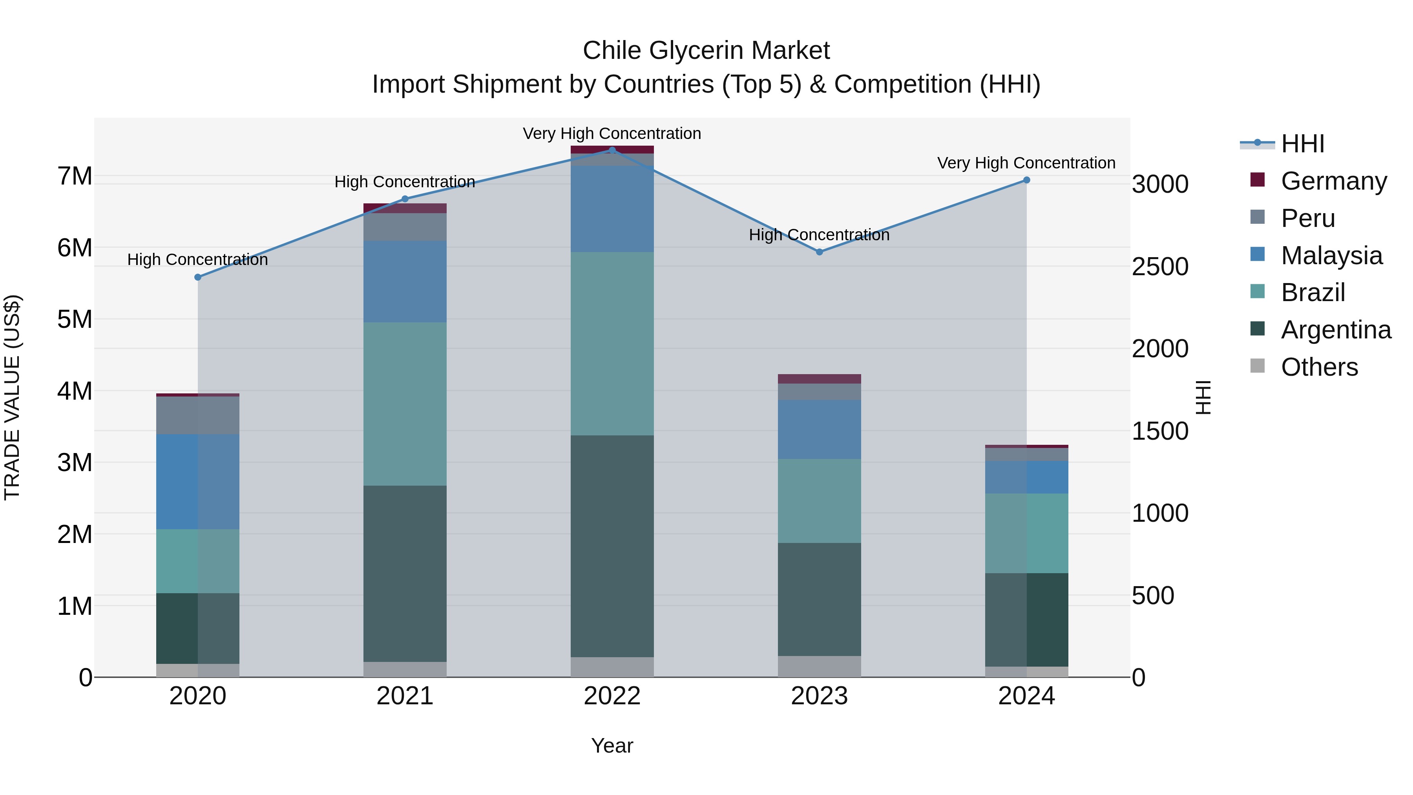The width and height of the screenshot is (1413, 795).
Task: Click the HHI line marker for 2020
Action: click(x=198, y=277)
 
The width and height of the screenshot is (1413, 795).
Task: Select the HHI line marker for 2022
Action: click(x=612, y=150)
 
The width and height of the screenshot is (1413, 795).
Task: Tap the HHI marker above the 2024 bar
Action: click(x=1027, y=180)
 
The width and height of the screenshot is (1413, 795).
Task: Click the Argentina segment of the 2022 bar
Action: click(x=612, y=546)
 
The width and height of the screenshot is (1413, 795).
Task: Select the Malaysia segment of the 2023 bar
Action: click(x=820, y=429)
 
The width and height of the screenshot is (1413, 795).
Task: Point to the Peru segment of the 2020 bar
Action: click(x=198, y=415)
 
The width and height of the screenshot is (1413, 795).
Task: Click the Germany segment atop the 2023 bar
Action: click(x=820, y=378)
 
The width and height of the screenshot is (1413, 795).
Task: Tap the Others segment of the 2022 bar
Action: click(x=612, y=667)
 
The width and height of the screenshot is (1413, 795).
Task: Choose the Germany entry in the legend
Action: click(x=1333, y=181)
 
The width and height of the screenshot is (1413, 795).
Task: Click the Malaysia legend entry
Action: click(x=1331, y=256)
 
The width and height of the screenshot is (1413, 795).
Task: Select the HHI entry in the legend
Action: click(x=1302, y=144)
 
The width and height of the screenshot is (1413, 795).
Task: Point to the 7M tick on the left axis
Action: click(x=75, y=176)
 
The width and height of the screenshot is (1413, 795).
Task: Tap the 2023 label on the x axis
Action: click(x=820, y=696)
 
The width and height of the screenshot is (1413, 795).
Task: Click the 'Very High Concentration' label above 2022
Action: click(x=612, y=133)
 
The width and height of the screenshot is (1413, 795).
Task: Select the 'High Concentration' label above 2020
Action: click(x=198, y=260)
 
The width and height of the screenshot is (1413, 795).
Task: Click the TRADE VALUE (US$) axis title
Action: click(x=12, y=397)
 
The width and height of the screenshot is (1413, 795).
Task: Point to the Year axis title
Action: click(x=612, y=746)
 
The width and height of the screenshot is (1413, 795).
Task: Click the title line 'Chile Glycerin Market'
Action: click(x=706, y=51)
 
